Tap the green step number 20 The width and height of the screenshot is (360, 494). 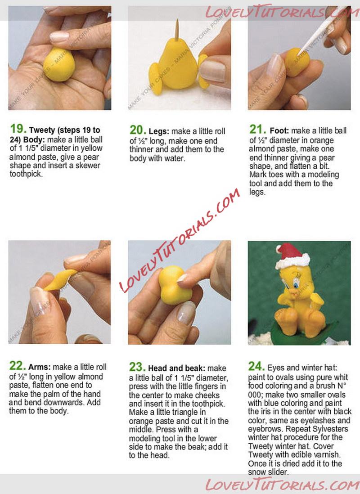[x=137, y=130]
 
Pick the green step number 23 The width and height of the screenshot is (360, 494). [x=137, y=367]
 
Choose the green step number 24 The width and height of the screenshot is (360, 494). [x=256, y=366]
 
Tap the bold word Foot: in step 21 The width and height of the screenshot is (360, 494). [x=279, y=130]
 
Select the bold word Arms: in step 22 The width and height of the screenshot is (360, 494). [x=40, y=367]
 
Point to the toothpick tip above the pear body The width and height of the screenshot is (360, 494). [x=177, y=19]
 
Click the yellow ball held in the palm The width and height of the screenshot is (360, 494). [x=59, y=65]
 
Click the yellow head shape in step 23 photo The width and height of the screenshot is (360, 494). [x=175, y=285]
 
